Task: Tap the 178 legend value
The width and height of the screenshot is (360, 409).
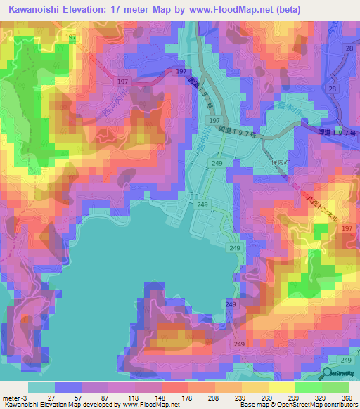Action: pos(186,397)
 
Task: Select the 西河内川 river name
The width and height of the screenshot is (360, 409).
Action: pos(111,112)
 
